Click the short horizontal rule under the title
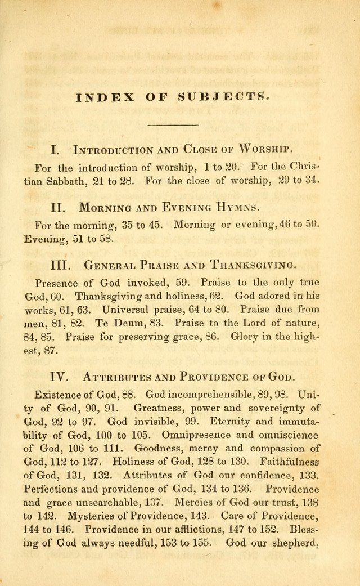point(172,124)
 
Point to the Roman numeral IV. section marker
point(60,376)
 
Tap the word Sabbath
point(82,181)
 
